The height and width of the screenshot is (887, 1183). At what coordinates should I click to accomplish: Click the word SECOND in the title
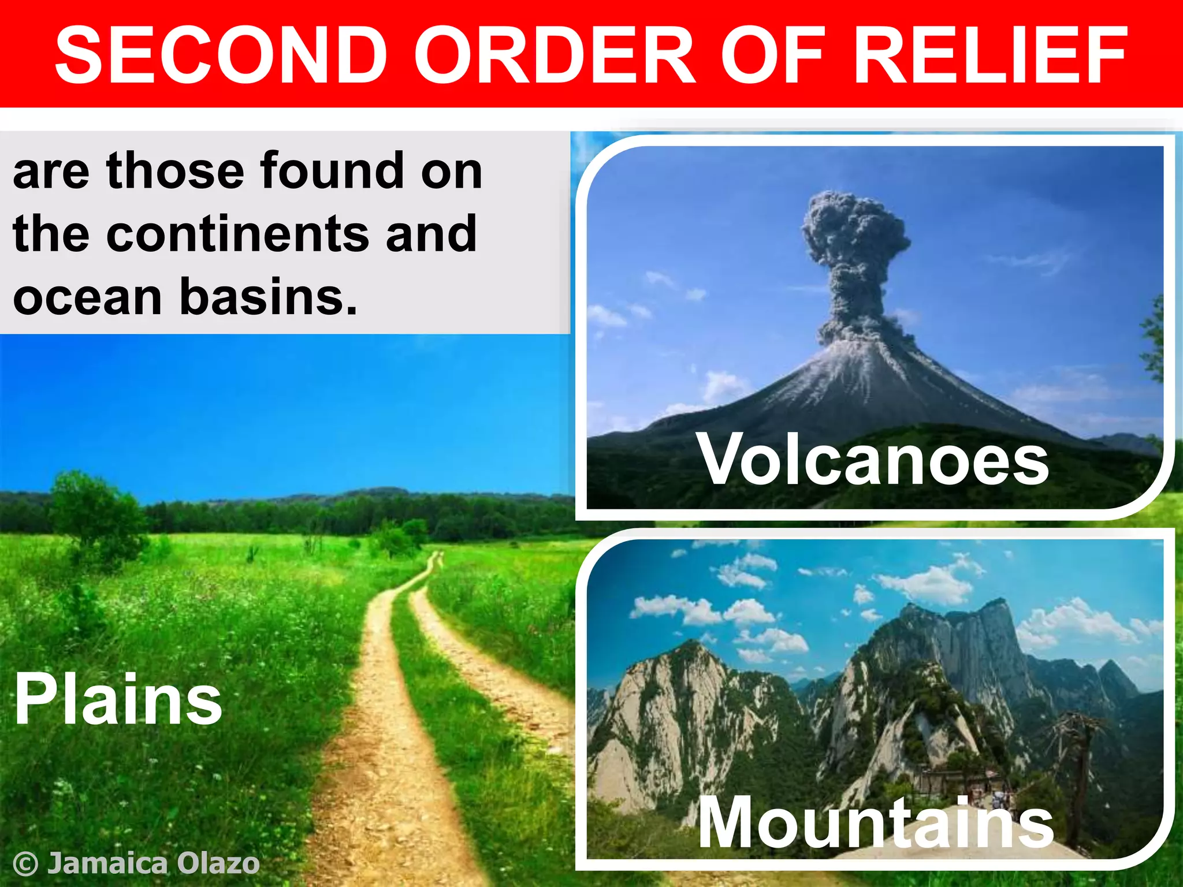click(x=221, y=55)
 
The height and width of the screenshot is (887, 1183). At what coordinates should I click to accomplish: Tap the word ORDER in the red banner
click(x=555, y=55)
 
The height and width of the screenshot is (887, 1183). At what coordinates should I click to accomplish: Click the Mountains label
click(x=876, y=822)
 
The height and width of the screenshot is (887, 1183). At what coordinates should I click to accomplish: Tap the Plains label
click(x=118, y=700)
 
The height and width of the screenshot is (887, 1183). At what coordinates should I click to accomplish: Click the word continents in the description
click(x=237, y=234)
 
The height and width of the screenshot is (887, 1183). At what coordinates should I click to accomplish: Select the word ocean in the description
click(x=87, y=297)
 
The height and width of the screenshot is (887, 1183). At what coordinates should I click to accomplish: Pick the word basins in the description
click(x=269, y=297)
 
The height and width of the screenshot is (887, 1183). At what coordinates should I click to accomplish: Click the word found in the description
click(x=332, y=171)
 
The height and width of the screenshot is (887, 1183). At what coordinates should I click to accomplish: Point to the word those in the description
click(x=175, y=171)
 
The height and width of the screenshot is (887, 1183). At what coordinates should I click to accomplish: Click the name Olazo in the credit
click(x=218, y=863)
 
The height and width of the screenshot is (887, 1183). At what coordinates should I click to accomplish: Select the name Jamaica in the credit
click(x=107, y=863)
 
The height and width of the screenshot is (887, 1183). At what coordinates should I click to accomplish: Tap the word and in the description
click(x=431, y=234)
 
